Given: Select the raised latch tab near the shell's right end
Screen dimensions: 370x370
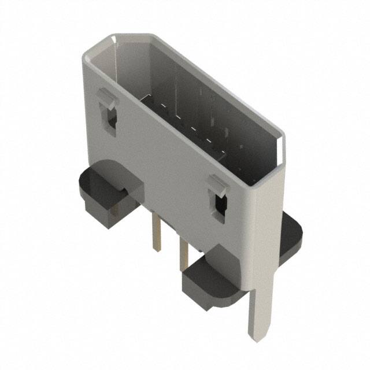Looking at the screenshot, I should click(216, 186).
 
